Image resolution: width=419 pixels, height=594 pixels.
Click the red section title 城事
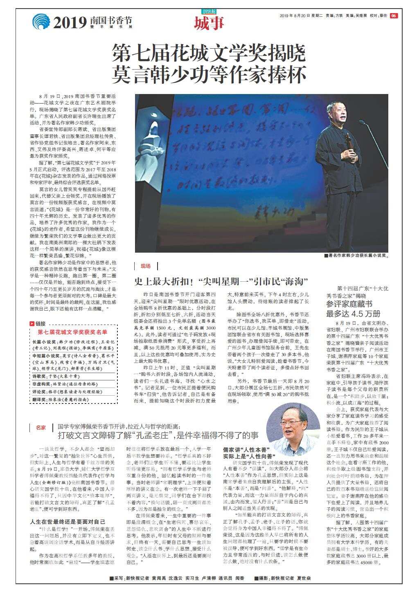point(209,23)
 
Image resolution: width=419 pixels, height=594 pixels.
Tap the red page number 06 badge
point(393,16)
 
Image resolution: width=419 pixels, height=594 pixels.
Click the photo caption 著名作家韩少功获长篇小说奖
point(356,256)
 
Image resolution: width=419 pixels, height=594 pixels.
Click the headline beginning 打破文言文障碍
point(158,435)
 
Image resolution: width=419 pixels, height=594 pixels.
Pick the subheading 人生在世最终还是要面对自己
point(68,522)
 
